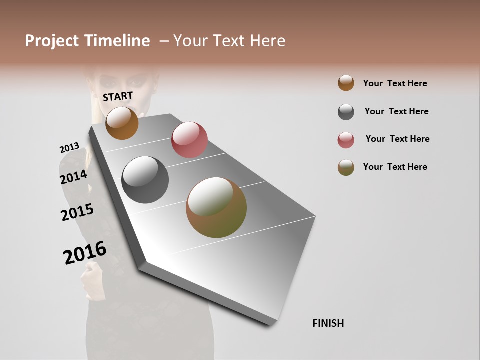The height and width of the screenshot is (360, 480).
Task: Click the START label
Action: tap(118, 96)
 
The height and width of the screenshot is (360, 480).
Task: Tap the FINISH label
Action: tap(328, 323)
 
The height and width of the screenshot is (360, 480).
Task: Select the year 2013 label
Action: tap(69, 148)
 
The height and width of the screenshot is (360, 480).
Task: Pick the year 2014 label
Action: tap(73, 177)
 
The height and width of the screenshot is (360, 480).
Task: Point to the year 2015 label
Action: tap(77, 212)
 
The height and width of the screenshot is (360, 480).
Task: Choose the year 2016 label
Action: tap(85, 252)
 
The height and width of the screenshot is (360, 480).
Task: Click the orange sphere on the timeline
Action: tap(122, 123)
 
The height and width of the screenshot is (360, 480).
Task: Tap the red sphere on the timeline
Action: tap(189, 139)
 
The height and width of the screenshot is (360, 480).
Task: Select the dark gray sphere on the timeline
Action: tap(145, 180)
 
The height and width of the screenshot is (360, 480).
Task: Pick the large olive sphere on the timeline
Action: tap(216, 207)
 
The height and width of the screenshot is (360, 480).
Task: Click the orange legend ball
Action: tap(346, 83)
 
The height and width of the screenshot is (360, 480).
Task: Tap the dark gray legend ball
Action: tap(346, 112)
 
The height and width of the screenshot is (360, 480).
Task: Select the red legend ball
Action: tap(346, 140)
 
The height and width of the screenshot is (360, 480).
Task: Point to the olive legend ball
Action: tap(346, 167)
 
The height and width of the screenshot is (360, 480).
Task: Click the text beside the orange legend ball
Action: tap(395, 83)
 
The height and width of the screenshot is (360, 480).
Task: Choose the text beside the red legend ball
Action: tap(397, 139)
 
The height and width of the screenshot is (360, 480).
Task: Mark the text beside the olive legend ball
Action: tap(395, 167)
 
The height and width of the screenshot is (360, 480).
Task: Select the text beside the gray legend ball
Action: tap(396, 111)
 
